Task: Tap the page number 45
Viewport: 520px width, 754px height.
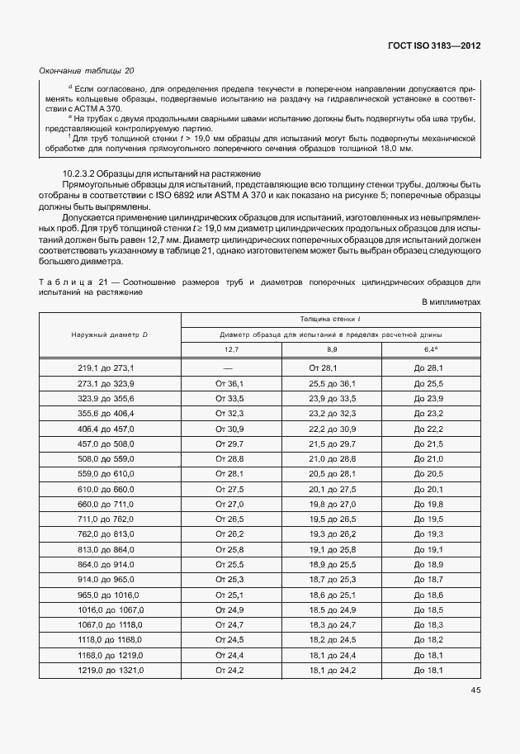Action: pos(475,690)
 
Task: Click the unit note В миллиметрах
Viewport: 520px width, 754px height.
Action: pos(451,303)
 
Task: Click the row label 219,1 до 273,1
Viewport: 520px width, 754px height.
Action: pos(110,367)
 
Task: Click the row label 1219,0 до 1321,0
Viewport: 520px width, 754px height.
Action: pos(110,670)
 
